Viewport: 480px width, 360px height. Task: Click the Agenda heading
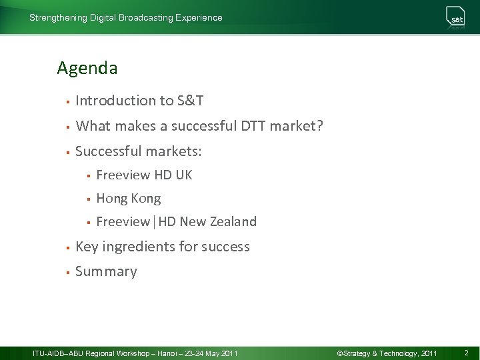[87, 68]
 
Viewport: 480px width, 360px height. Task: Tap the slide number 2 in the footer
[466, 353]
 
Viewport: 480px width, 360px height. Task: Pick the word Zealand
[233, 222]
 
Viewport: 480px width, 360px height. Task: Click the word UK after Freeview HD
[184, 175]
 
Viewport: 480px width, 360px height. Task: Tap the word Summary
[106, 271]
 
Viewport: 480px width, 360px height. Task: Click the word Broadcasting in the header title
[146, 18]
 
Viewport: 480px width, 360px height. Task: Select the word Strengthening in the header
[58, 18]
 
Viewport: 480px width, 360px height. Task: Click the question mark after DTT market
[319, 126]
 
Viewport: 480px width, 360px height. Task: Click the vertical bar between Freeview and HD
[154, 222]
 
